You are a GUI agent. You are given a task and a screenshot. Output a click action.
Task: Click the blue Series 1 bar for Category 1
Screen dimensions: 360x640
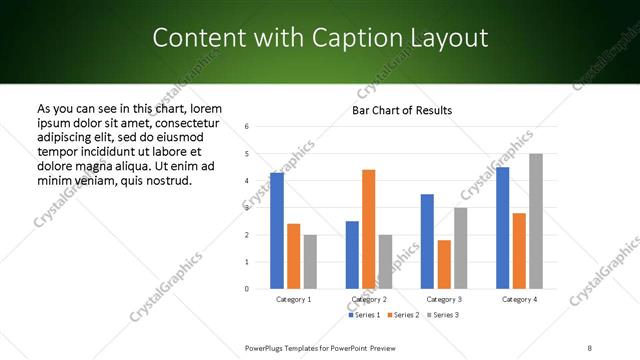pos(276,231)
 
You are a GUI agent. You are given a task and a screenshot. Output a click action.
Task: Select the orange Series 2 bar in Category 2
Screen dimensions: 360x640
pos(368,229)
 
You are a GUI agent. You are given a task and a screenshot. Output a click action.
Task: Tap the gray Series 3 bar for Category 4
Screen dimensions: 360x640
pos(536,221)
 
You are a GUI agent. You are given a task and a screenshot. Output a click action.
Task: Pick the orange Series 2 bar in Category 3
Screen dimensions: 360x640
pos(444,264)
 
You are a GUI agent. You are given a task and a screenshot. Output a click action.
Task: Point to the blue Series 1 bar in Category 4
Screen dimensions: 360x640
pos(502,228)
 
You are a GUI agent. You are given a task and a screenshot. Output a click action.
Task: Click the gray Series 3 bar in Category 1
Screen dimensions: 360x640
pos(310,262)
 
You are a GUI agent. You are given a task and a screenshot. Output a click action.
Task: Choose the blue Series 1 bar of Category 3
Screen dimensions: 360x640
pos(427,241)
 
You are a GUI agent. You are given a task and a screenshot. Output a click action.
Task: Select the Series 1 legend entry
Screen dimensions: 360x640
pos(363,315)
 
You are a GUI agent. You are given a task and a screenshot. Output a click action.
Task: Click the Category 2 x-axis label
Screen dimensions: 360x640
pos(369,299)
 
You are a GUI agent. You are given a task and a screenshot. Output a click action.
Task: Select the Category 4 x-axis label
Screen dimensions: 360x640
pos(519,299)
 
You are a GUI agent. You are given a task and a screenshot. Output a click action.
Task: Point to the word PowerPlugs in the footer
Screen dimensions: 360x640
pos(266,347)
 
